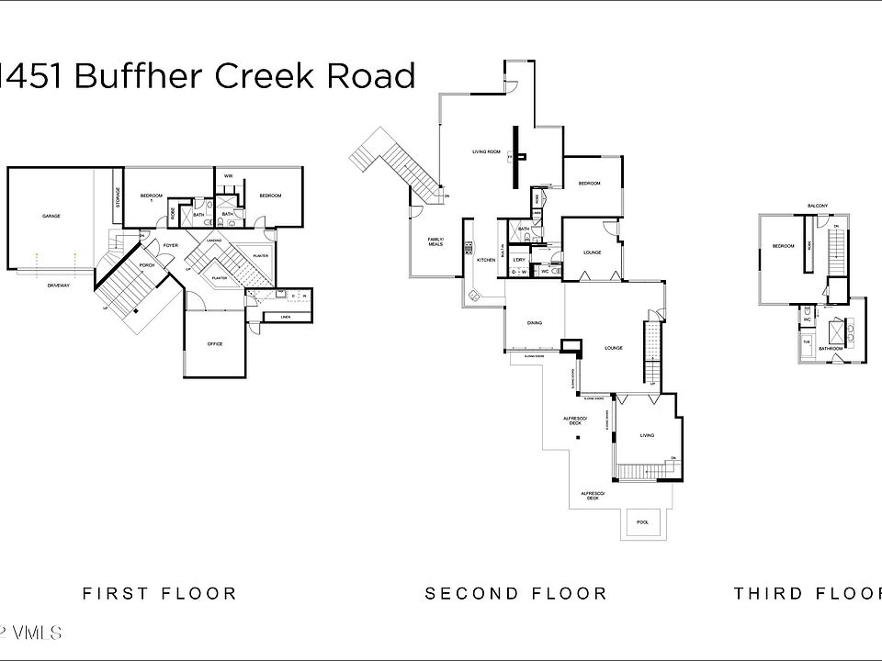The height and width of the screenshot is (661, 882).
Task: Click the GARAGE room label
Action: tap(51, 216)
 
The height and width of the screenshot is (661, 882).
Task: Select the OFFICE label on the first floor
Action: tap(215, 344)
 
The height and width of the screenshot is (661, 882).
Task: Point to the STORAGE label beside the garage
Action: tap(118, 198)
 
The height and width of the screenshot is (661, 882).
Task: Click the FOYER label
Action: tap(170, 245)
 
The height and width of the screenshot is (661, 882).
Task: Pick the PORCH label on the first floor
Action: tap(147, 265)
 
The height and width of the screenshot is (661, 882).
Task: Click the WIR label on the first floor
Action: tap(226, 176)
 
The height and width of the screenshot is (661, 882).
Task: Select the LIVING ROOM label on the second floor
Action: tap(486, 151)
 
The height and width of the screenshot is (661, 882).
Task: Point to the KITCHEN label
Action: tap(486, 260)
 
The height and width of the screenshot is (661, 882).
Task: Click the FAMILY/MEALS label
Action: tap(435, 242)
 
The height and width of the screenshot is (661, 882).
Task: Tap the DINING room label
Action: tap(534, 322)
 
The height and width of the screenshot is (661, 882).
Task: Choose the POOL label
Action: tap(642, 522)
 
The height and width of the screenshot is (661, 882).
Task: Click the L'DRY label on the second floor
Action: tap(519, 260)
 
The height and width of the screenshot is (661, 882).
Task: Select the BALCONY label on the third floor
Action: tap(818, 205)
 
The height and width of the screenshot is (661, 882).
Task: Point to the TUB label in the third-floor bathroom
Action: tap(808, 341)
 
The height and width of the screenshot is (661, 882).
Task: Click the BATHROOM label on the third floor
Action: tap(831, 349)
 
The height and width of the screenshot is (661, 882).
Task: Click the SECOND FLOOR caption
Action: tap(515, 594)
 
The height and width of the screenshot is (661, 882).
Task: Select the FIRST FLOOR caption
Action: tap(160, 594)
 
